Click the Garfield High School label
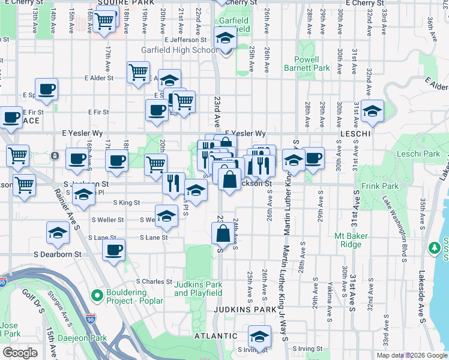[179, 50]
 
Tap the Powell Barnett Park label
[313, 64]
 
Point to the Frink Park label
[376, 186]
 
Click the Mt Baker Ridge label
[351, 240]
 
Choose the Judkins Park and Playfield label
[198, 289]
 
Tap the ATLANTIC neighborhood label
[216, 336]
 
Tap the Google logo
[20, 353]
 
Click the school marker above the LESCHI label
[372, 111]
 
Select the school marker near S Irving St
[259, 335]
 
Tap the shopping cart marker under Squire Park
[105, 22]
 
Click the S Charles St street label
[154, 281]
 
